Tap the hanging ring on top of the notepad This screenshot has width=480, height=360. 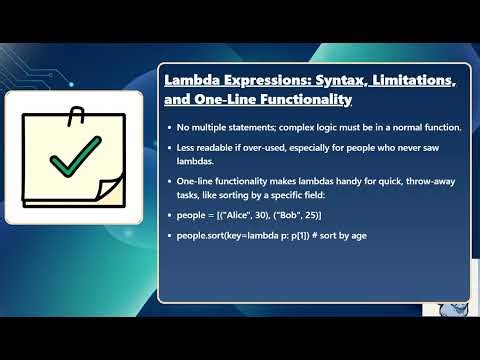tap(74, 115)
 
